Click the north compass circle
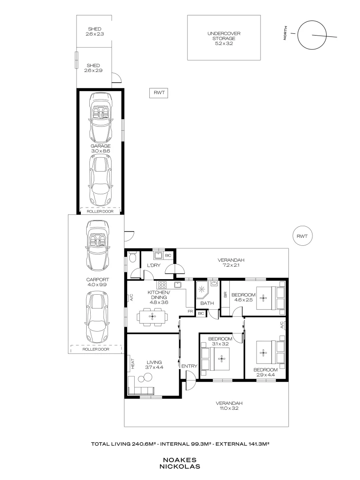pyautogui.click(x=312, y=35)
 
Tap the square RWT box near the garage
pyautogui.click(x=159, y=93)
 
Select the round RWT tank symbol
pyautogui.click(x=303, y=236)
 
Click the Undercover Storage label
pyautogui.click(x=224, y=39)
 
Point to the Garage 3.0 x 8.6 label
pyautogui.click(x=100, y=148)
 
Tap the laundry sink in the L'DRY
pyautogui.click(x=158, y=255)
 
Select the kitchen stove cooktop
pyautogui.click(x=163, y=285)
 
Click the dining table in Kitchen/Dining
pyautogui.click(x=152, y=317)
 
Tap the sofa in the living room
pyautogui.click(x=140, y=391)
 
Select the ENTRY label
pyautogui.click(x=189, y=366)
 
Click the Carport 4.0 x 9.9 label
pyautogui.click(x=95, y=282)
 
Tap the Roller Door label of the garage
pyautogui.click(x=100, y=212)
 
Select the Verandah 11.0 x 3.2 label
pyautogui.click(x=230, y=406)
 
